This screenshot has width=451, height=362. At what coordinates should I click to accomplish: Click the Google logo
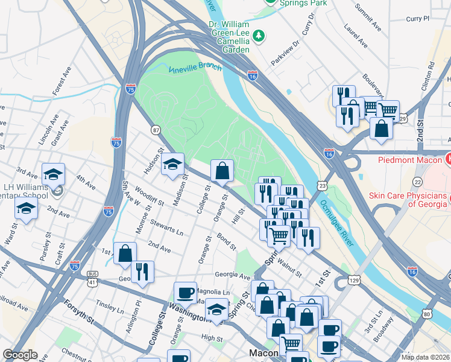20,355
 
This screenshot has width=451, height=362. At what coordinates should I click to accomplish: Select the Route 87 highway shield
156,130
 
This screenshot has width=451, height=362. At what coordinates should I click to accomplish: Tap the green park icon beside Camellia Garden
259,36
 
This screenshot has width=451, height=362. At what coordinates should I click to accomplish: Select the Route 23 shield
323,186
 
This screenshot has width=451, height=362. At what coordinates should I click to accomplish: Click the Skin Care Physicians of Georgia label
409,200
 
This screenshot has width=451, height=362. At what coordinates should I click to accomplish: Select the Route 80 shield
427,314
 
